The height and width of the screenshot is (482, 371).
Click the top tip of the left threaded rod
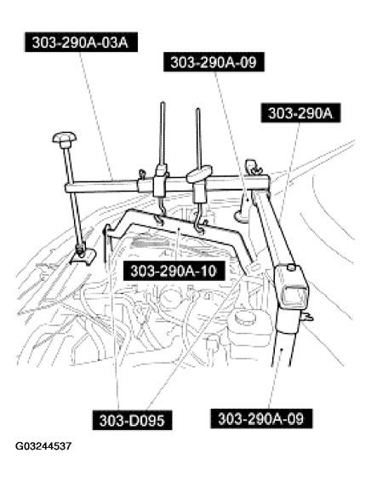[161, 104]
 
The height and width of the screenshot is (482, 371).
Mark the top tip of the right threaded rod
[197, 109]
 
